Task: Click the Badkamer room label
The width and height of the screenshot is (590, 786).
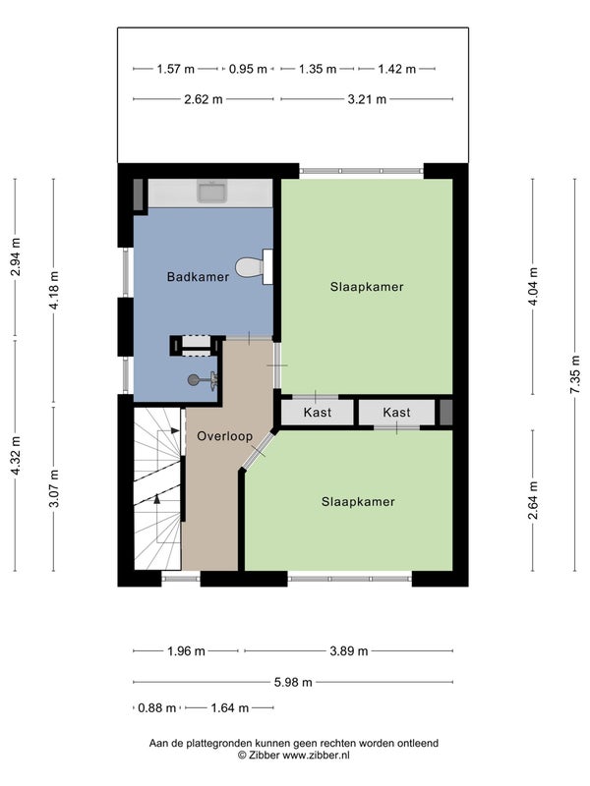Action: (x=198, y=277)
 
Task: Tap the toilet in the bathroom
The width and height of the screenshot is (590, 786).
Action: (x=254, y=266)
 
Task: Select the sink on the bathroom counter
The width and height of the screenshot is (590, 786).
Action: (x=212, y=191)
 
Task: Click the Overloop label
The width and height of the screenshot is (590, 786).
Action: (x=224, y=436)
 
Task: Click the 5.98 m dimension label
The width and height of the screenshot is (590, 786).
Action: (x=293, y=682)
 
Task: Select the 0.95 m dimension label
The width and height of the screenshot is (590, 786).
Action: (x=248, y=69)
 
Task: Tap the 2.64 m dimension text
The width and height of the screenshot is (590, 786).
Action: (x=533, y=500)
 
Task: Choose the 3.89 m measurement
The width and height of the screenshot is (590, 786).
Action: (x=349, y=651)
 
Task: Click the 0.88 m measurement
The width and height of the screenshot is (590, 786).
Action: (x=156, y=707)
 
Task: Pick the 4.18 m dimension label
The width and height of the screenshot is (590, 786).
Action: (x=54, y=290)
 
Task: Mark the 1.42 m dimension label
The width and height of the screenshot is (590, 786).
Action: (x=397, y=69)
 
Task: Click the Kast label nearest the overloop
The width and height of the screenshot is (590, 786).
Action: (x=317, y=412)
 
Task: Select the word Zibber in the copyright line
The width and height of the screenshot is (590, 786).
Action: (x=264, y=755)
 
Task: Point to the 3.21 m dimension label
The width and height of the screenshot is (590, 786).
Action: (x=367, y=99)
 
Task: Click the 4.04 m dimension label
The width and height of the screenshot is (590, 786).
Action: (x=533, y=286)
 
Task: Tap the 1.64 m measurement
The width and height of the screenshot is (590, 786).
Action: (x=229, y=707)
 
